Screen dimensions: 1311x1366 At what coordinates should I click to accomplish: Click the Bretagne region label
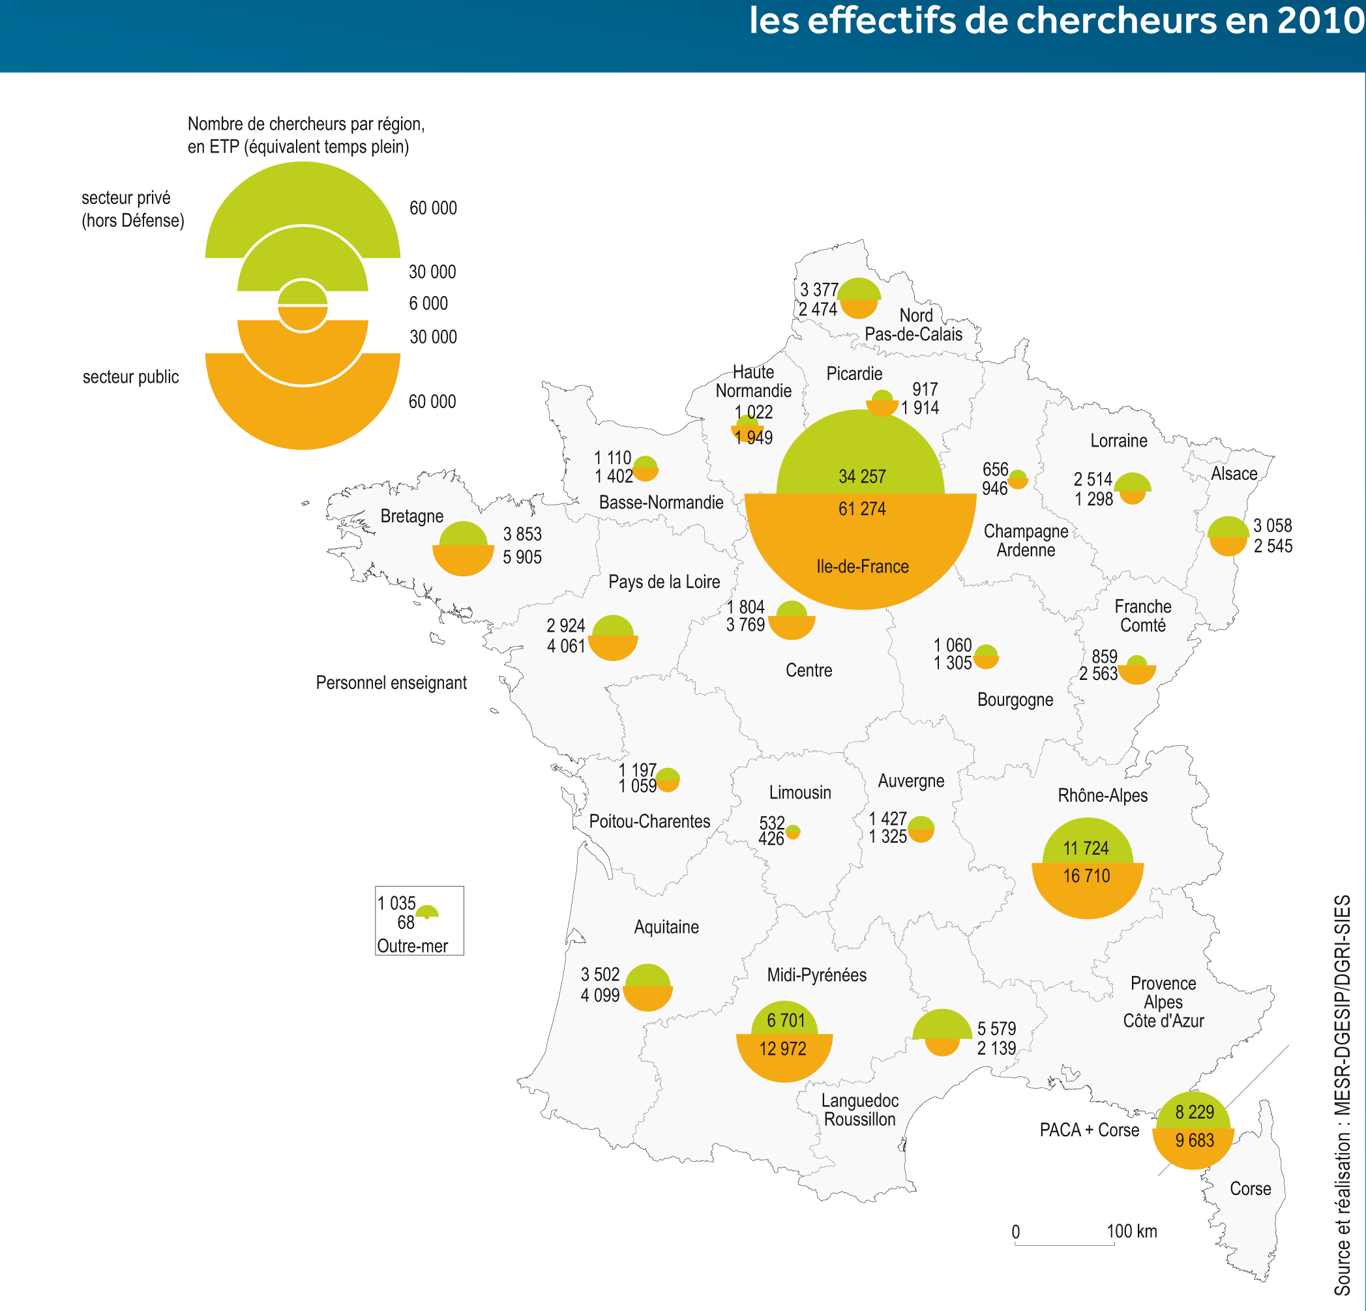(x=411, y=516)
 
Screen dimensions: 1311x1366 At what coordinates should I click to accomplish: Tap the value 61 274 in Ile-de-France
(x=861, y=508)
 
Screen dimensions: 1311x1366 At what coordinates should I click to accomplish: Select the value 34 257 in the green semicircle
(x=861, y=477)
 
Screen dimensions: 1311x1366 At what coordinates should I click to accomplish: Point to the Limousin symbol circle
(x=792, y=831)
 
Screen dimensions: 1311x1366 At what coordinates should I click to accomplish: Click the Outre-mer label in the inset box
(x=412, y=946)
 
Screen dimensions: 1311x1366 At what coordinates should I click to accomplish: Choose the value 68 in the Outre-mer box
(x=406, y=923)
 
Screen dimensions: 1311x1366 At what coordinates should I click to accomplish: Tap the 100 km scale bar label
(x=1131, y=1231)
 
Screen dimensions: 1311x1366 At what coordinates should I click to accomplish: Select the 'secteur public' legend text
(x=130, y=377)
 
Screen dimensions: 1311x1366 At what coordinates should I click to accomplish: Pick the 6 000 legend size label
(x=428, y=303)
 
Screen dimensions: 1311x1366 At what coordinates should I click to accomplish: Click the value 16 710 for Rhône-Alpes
(x=1086, y=876)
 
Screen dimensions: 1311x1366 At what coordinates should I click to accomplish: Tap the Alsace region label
(x=1234, y=474)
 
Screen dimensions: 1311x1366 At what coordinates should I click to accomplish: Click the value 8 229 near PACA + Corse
(x=1194, y=1112)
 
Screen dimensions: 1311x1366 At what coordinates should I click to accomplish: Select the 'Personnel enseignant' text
(x=391, y=683)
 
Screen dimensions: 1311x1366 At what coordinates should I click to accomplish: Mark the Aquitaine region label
(x=666, y=927)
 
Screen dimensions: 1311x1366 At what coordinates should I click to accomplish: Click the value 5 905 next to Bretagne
(x=522, y=557)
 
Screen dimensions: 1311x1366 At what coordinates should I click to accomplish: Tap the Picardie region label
(x=854, y=374)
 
